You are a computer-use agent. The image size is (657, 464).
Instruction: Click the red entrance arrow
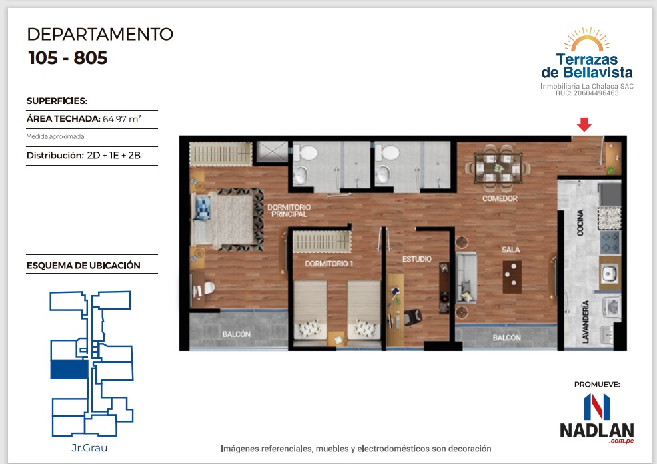584,124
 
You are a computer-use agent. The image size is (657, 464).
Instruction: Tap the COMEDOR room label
500,198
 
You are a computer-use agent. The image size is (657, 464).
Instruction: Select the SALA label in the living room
511,250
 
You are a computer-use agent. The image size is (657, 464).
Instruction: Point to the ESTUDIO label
417,259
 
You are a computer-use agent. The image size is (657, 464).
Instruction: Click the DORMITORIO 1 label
329,264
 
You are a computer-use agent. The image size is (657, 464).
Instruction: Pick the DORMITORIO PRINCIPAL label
289,210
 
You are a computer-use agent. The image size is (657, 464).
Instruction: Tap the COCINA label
580,222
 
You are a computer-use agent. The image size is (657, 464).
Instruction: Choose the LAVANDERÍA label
585,321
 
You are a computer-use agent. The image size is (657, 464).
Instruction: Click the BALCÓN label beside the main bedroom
237,334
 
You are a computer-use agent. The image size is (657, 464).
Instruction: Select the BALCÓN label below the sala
506,338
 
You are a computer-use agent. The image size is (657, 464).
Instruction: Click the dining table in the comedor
498,168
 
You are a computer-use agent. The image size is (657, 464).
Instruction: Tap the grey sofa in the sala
466,277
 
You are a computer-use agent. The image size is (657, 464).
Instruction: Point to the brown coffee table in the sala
512,277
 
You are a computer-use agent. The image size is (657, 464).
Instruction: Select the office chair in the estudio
413,317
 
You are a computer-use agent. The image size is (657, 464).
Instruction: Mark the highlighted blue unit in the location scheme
69,369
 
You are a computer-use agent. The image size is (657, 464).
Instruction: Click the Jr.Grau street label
89,448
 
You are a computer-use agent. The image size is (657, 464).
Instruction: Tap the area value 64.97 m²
122,119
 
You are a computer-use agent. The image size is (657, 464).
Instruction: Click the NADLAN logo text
596,431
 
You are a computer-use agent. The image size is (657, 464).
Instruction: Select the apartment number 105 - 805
68,58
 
